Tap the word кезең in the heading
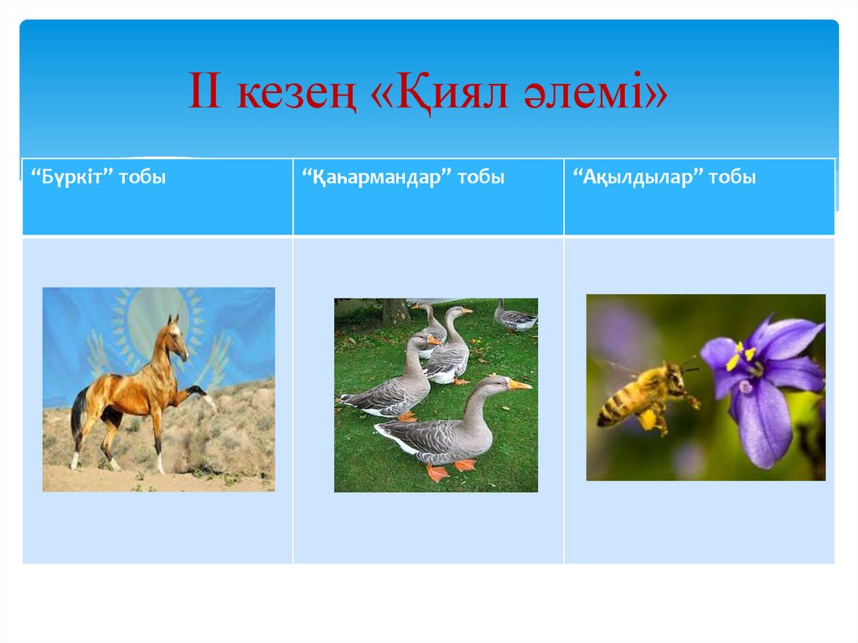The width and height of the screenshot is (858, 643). click(x=297, y=92)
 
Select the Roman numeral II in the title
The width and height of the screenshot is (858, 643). click(x=204, y=91)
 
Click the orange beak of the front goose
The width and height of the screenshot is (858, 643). click(x=519, y=385)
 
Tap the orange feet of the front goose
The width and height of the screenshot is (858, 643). click(x=450, y=470)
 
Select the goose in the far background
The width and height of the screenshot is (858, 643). click(x=514, y=318)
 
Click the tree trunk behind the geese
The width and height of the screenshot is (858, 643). click(x=395, y=311)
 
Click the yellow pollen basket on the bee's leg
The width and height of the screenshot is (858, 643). click(x=649, y=419)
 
